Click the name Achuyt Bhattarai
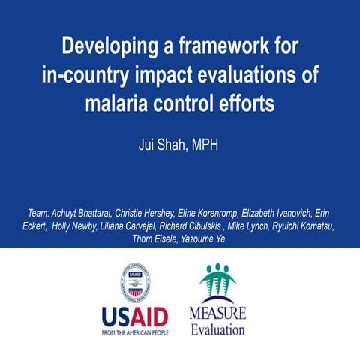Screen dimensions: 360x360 tap(85, 214)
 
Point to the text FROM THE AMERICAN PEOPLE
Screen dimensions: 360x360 tap(135, 331)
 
